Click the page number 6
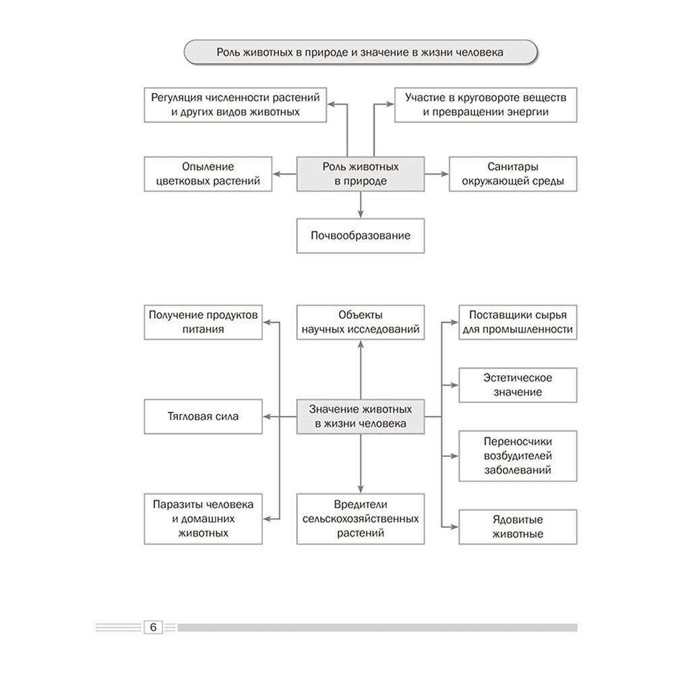point(153,627)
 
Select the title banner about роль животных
point(360,53)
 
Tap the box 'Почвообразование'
point(360,235)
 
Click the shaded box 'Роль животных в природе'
point(360,174)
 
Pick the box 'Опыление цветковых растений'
point(208,174)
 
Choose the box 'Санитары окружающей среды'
point(513,174)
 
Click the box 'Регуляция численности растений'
point(235,105)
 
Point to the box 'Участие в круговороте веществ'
point(486,105)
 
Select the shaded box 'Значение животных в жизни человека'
point(360,416)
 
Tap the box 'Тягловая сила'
point(203,416)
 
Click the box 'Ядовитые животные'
point(518,527)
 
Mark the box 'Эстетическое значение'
point(518,385)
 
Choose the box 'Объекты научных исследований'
point(360,322)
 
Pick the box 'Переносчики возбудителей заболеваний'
point(518,456)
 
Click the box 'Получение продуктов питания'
point(203,322)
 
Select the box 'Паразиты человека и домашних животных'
point(203,519)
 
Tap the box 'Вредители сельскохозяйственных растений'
point(360,519)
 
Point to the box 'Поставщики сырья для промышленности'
point(518,322)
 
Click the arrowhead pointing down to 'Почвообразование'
point(360,214)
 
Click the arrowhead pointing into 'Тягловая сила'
point(267,417)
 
